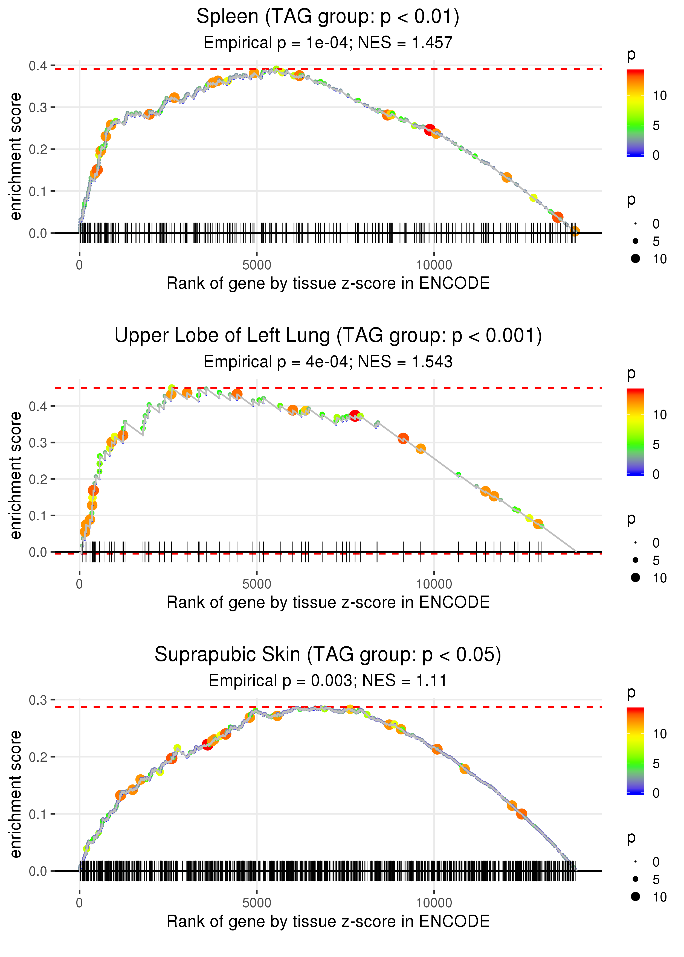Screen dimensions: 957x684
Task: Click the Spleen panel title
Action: [328, 17]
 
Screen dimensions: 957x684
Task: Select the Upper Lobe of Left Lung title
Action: [328, 336]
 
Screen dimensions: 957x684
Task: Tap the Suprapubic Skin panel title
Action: [328, 655]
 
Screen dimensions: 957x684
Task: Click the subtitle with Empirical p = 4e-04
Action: [328, 362]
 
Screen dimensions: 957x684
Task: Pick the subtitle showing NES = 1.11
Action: [328, 681]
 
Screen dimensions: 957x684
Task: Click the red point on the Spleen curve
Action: [430, 130]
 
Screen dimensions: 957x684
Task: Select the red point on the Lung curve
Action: [355, 416]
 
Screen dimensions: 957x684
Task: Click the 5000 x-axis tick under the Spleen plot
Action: [257, 265]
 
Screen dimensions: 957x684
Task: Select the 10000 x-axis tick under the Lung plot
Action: [434, 584]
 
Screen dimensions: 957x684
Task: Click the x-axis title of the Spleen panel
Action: [328, 283]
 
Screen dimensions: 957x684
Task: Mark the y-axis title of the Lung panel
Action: [16, 475]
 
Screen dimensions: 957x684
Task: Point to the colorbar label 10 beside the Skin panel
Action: [660, 734]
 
